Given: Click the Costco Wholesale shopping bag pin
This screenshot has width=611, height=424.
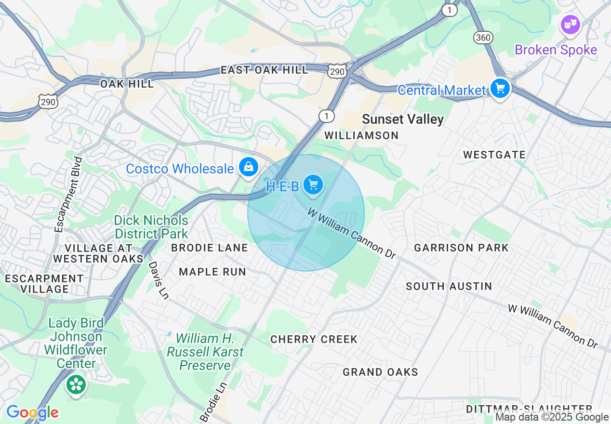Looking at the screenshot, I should (x=249, y=167).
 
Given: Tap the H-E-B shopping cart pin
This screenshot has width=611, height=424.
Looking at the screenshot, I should (x=313, y=185).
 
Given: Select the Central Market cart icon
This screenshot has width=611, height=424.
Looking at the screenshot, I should (x=500, y=89).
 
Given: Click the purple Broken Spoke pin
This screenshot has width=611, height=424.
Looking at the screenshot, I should (x=570, y=24).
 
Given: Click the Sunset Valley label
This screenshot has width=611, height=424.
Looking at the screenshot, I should (x=402, y=119).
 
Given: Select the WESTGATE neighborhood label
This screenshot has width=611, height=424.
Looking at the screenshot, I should (x=494, y=155).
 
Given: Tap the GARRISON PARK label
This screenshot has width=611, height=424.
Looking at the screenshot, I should (x=461, y=248).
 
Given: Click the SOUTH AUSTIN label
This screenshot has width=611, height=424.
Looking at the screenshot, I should (x=449, y=286).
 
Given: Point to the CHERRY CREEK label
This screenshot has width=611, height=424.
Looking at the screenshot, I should (x=314, y=339).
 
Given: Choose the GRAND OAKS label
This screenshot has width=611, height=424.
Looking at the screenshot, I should (x=380, y=372).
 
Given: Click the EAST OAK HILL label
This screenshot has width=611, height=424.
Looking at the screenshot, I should (x=264, y=70).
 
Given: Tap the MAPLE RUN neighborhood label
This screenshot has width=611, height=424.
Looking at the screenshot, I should (x=213, y=272).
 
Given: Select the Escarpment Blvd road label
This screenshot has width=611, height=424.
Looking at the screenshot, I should (x=68, y=194).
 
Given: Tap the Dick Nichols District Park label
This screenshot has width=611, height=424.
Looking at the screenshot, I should (x=151, y=227).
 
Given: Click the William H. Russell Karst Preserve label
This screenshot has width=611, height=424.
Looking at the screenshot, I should (x=205, y=352).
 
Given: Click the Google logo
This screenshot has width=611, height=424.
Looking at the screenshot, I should (x=32, y=412).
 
